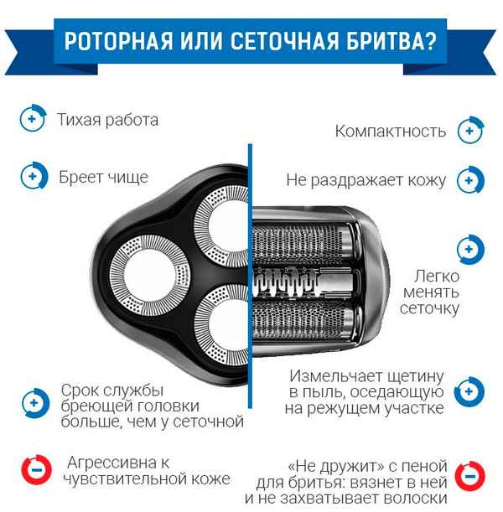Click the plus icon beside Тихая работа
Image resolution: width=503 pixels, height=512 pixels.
point(31,119)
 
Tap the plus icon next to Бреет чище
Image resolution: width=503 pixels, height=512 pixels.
point(31,178)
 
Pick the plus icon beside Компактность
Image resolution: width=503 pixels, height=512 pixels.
point(469,132)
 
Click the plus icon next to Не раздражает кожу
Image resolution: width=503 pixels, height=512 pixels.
point(469,179)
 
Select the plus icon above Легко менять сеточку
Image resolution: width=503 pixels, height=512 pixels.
point(469,250)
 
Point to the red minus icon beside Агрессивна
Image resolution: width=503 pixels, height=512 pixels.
point(34,470)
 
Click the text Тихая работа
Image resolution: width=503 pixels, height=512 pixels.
point(108,120)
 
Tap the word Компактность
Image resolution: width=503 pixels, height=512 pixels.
point(390,132)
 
